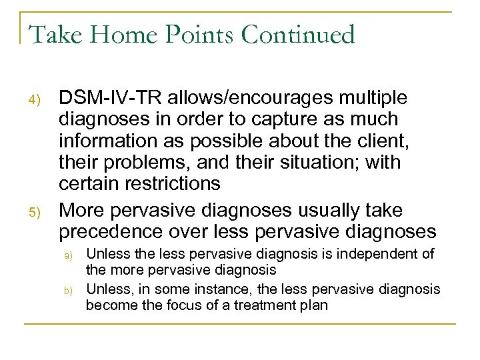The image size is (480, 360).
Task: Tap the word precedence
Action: click(107, 231)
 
